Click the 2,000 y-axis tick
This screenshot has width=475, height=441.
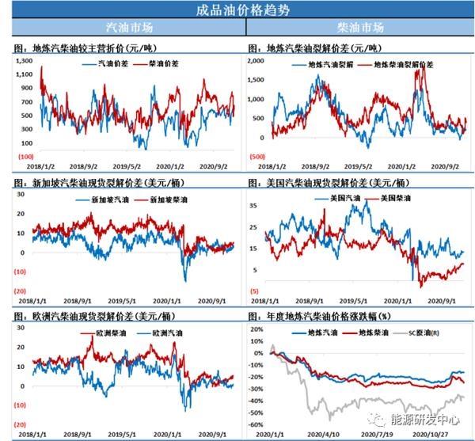(x=258, y=60)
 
